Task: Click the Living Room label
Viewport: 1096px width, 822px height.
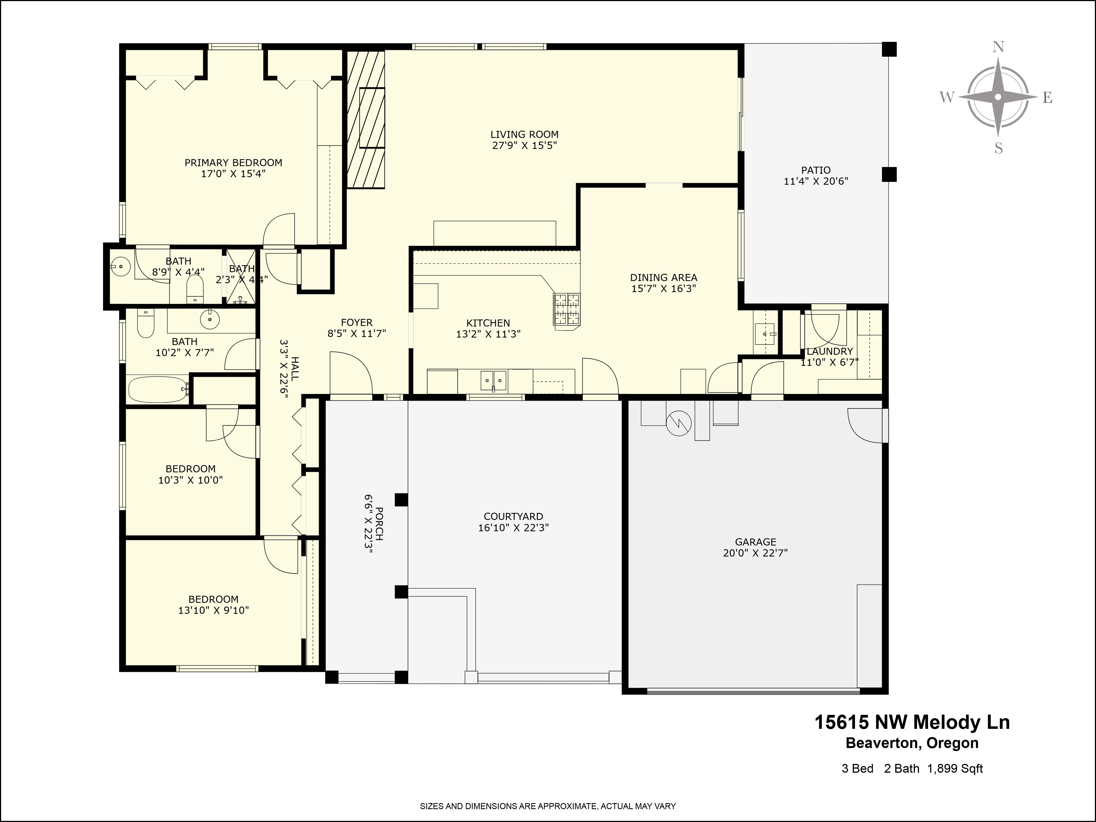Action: [x=524, y=134]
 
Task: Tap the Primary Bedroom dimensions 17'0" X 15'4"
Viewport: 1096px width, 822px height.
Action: [x=233, y=173]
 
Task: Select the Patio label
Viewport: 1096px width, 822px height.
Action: [x=815, y=170]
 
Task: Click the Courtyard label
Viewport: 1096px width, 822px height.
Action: [x=513, y=516]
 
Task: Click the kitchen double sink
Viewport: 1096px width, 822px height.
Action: [x=493, y=381]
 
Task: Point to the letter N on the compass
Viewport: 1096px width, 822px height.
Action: [x=998, y=47]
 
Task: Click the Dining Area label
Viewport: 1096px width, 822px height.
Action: [x=663, y=278]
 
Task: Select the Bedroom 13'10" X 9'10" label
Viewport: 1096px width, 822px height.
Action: [x=213, y=599]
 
